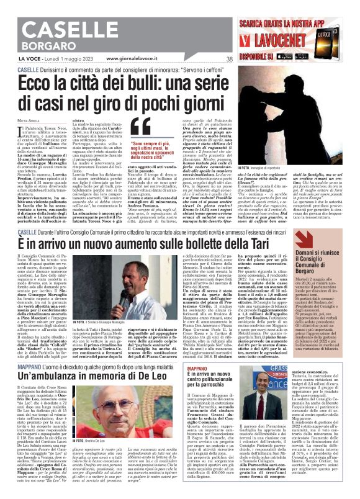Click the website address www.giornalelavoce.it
point(136,58)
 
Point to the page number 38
point(230,59)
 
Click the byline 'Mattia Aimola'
point(27,119)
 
